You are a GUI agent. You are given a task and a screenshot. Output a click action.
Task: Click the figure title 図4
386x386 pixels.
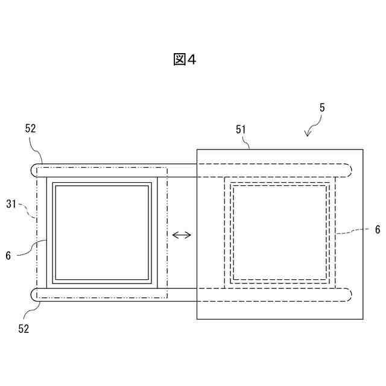pos(185,59)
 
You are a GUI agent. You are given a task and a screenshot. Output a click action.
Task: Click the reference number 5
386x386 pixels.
pos(322,108)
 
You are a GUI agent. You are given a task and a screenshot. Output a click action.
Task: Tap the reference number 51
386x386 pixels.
pos(241,128)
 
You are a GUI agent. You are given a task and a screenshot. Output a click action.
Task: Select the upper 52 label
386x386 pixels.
pos(31,128)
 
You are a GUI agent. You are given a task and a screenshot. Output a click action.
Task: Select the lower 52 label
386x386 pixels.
pos(24,329)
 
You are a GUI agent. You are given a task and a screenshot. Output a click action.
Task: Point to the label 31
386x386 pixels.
pos(12,204)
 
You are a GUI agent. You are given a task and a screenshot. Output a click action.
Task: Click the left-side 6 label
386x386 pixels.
pos(8,255)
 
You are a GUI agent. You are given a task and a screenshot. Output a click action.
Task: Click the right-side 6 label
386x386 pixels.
pos(378,229)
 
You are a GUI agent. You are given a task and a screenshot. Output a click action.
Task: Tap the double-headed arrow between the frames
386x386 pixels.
pos(182,235)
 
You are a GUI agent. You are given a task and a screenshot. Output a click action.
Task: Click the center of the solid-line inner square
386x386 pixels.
pos(102,233)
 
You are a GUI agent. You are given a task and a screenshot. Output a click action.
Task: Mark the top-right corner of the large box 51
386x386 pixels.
pos(363,149)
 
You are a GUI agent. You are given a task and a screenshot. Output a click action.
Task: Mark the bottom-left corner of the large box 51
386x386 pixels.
pos(197,319)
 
